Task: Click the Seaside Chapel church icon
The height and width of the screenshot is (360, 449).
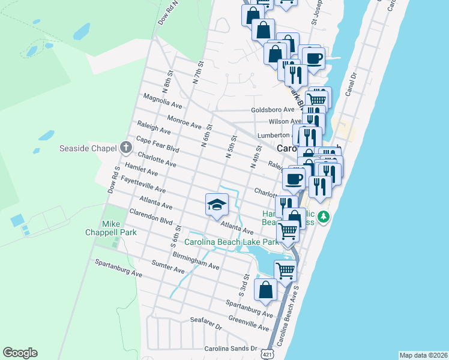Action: coord(125,147)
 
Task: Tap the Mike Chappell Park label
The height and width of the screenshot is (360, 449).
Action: coord(119,228)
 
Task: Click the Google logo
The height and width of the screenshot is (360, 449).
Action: coord(20,353)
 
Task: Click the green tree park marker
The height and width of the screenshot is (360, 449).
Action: coord(324,216)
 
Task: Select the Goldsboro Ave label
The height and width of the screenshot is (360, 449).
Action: coord(273,110)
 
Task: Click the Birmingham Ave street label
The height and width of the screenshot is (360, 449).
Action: coord(196,260)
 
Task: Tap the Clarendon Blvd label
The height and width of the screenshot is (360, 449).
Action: coord(151,216)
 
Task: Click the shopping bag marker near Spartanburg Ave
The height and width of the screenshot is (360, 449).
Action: coord(265,290)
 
